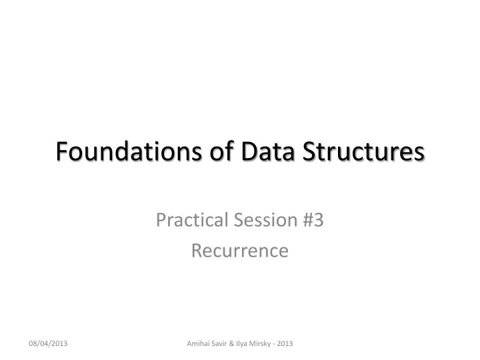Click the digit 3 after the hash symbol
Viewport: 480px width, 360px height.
[x=319, y=219]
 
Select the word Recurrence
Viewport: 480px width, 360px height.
[x=240, y=250]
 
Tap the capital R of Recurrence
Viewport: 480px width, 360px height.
[x=196, y=250]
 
